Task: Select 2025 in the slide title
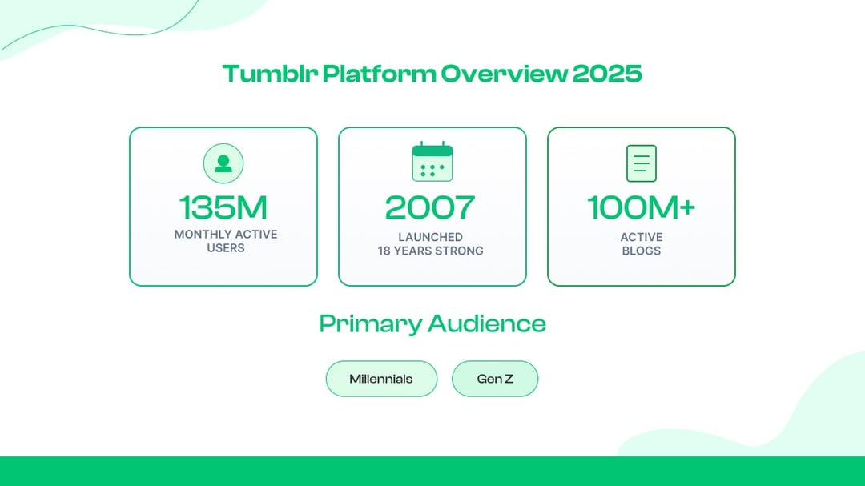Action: point(607,74)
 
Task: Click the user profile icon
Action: point(223,163)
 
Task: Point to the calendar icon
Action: point(432,162)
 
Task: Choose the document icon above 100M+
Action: point(642,163)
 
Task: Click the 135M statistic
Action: point(223,207)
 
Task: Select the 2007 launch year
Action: point(431,207)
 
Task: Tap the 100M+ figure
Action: point(642,207)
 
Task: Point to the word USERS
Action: point(226,248)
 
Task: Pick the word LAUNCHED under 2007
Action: point(431,237)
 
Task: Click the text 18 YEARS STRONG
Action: point(431,251)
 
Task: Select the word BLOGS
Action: point(642,251)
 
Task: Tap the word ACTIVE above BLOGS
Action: point(642,237)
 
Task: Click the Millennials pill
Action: point(381,379)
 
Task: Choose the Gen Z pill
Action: point(495,379)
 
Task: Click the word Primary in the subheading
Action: point(370,324)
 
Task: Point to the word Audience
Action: point(487,324)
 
